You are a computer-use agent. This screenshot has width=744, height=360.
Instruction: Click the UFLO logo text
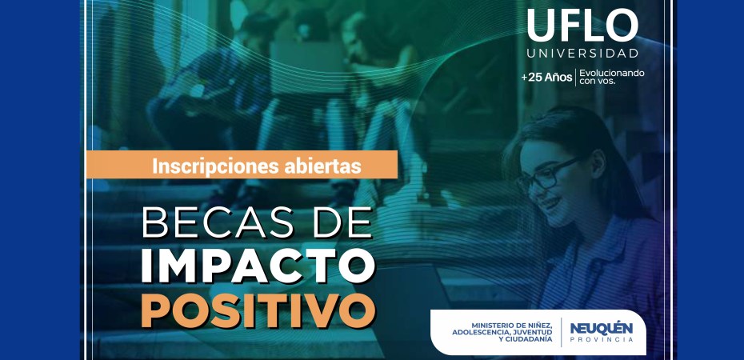coord(582,26)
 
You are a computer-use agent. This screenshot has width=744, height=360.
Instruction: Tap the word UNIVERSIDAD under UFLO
coord(582,54)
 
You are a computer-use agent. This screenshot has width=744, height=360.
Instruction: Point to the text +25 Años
coord(546,78)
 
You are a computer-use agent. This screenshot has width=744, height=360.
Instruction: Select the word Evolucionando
coord(612,73)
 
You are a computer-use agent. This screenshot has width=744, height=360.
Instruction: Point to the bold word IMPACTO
coord(258,266)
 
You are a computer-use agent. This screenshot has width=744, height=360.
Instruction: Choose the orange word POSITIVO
coord(258,310)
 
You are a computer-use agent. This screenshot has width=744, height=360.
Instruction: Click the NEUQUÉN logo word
coord(601,329)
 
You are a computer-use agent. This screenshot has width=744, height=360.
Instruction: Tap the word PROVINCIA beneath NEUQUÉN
coord(601,340)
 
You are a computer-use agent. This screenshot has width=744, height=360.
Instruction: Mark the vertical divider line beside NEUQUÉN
coord(562,332)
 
